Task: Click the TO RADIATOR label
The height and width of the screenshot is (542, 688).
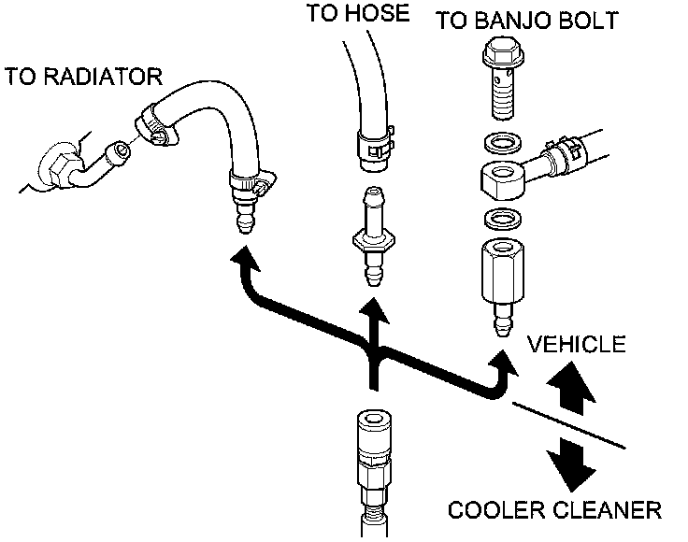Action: coord(83,76)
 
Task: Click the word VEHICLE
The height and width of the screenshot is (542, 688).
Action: coord(576,344)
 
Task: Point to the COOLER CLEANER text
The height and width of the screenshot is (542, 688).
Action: coord(554,510)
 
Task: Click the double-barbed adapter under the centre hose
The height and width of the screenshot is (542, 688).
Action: coord(372,236)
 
